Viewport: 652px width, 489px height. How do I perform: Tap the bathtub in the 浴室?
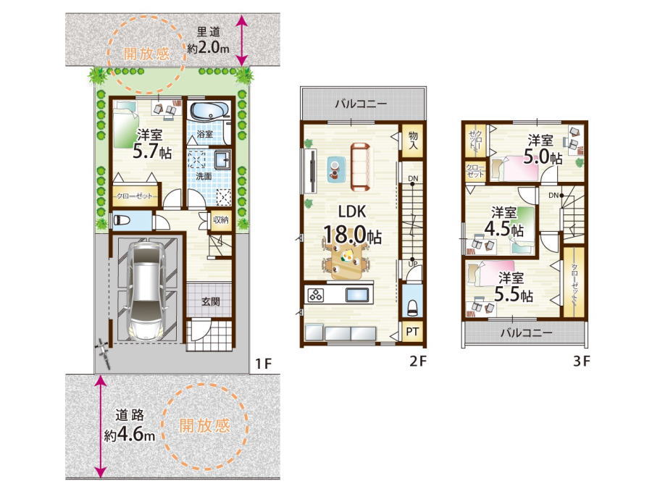[x=209, y=111]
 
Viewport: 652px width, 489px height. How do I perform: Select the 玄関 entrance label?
[x=210, y=301]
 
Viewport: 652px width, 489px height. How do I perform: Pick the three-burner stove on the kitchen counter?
[x=316, y=295]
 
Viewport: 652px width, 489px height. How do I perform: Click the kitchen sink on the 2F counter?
[x=357, y=295]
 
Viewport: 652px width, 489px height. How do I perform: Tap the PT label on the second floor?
[x=412, y=331]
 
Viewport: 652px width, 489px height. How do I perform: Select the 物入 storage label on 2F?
[x=413, y=141]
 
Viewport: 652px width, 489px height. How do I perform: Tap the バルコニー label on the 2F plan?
[x=361, y=104]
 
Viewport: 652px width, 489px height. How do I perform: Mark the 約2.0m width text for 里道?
[x=208, y=48]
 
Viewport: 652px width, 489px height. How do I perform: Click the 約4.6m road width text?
[x=130, y=435]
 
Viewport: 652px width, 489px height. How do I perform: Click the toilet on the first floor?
[x=122, y=220]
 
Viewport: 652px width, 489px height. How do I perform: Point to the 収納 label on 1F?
[x=220, y=220]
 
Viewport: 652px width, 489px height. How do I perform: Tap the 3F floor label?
[x=581, y=361]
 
